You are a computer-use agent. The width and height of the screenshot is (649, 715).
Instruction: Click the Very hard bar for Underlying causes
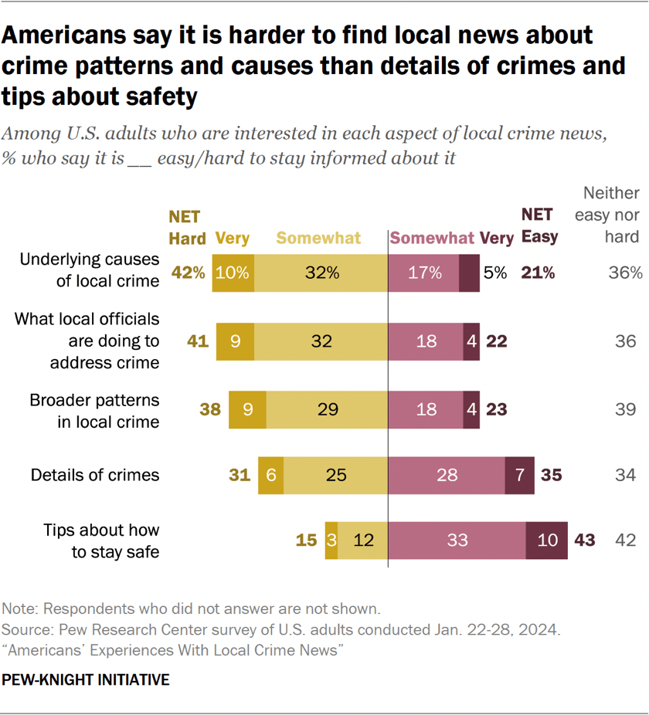(x=233, y=272)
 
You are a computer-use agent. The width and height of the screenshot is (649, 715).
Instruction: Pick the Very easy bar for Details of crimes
(x=519, y=475)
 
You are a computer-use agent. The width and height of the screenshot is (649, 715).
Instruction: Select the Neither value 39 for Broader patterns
(x=625, y=409)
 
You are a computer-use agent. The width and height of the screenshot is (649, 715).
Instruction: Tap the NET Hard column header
(x=186, y=228)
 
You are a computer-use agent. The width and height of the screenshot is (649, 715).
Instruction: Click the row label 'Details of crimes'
(x=95, y=475)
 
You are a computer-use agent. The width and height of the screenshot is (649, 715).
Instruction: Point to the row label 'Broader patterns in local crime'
(x=94, y=411)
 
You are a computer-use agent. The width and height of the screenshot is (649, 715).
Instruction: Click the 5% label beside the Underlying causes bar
(x=495, y=273)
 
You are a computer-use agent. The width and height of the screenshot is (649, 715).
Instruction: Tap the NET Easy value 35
(x=551, y=475)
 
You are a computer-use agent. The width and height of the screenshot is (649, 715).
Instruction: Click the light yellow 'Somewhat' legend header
(x=318, y=238)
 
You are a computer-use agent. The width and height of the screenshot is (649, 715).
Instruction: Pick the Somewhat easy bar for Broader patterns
(x=426, y=409)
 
